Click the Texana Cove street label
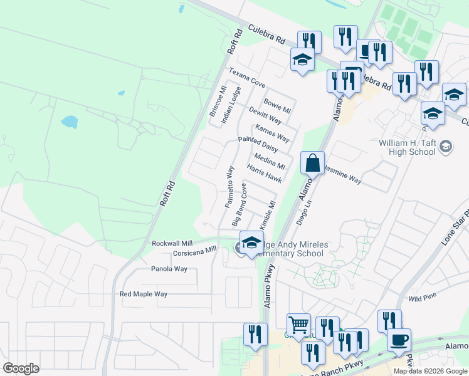tap(246, 78)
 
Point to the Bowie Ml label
tap(277, 105)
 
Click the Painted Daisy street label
tap(258, 145)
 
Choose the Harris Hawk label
tap(264, 174)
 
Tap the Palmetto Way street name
tap(229, 187)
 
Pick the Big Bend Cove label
tap(239, 205)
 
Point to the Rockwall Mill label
tap(172, 243)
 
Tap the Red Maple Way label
tap(144, 294)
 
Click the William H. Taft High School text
tap(407, 147)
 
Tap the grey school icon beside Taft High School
tap(445, 147)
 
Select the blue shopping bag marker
tap(312, 163)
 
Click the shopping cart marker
tap(299, 325)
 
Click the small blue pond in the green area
tap(69, 122)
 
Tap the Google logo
tap(21, 368)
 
